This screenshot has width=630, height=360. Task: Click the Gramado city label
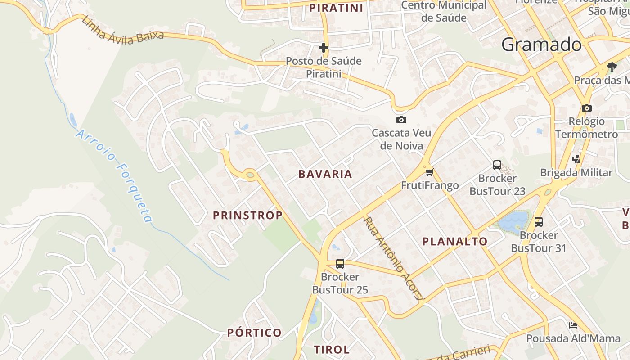point(541,45)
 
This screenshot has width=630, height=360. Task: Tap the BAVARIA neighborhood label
point(325,174)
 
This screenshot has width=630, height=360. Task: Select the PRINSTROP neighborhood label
point(247,216)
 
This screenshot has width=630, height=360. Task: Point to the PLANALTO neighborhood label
point(454,242)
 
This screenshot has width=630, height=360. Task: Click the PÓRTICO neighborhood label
point(254,333)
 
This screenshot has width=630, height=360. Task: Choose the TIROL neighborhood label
point(332,350)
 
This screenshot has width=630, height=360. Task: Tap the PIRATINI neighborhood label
point(336,8)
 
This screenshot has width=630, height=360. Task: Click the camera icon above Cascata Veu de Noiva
point(401,120)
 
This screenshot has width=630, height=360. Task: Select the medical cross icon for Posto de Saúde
point(324,47)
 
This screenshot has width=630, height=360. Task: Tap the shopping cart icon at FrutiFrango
point(429,171)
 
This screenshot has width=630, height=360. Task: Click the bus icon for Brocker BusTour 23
point(497,165)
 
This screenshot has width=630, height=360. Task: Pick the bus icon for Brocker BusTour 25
point(340,264)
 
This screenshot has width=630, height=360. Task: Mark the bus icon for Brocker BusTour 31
point(539,222)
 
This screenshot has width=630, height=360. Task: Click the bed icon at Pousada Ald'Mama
point(573,325)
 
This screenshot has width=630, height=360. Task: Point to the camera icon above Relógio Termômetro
point(586,108)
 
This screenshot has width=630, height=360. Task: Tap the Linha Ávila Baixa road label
point(122,31)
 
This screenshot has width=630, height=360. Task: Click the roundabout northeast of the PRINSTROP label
point(250,175)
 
